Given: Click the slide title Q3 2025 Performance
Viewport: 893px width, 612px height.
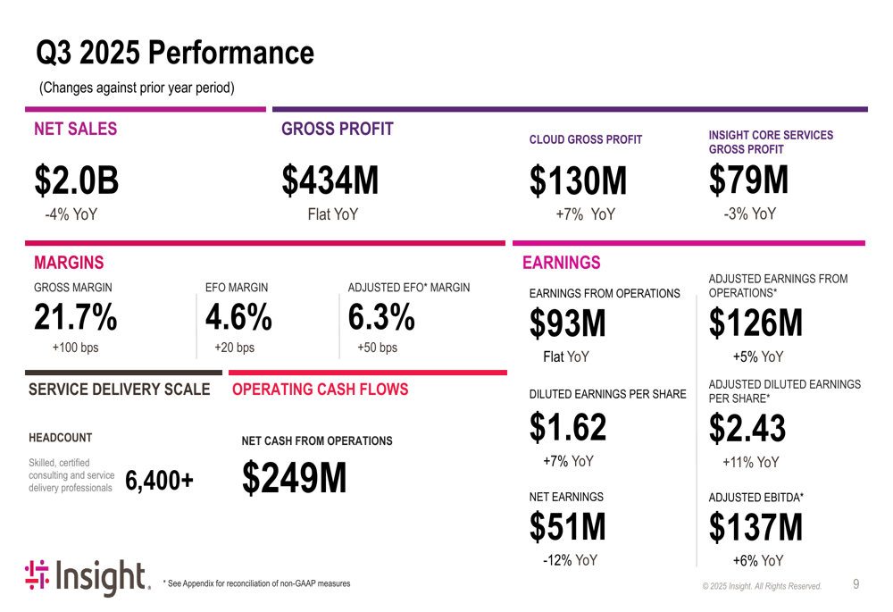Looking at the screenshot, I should click(x=175, y=53).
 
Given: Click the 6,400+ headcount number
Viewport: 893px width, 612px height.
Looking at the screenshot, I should click(x=160, y=481).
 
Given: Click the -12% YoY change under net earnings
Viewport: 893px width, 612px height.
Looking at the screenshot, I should click(x=569, y=560).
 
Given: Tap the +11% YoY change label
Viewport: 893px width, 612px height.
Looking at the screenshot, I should click(x=750, y=463).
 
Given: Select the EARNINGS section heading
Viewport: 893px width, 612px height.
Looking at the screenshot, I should click(x=561, y=263).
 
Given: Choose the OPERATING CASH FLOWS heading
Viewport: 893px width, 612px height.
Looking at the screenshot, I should click(x=320, y=390).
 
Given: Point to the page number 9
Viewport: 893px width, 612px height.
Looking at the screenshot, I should click(x=855, y=584).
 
